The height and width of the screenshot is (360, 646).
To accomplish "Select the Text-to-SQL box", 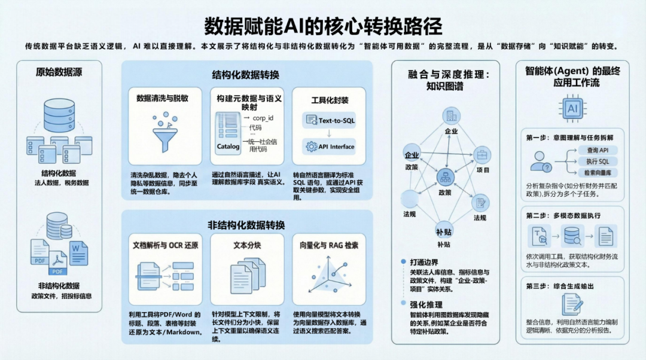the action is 331,120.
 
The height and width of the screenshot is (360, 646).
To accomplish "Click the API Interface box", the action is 331,147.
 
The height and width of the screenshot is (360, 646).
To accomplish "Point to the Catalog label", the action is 228,146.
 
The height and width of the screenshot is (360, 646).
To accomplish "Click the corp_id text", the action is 263,118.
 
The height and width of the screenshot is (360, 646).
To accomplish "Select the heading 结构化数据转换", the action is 245,75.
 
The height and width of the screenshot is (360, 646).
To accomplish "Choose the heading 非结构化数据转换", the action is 246,225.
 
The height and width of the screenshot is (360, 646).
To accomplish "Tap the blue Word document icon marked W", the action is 78,252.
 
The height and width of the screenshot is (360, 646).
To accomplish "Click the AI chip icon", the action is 572,108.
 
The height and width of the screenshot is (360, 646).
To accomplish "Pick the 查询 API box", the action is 598,150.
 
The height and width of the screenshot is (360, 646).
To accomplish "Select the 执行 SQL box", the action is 598,161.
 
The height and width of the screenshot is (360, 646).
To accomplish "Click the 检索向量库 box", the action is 598,173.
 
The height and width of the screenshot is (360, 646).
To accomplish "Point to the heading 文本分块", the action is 246,245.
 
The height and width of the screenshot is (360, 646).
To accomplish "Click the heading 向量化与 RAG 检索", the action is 330,245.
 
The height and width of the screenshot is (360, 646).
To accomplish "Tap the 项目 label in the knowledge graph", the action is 483,170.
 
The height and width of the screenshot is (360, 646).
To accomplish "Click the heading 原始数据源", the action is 59,72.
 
